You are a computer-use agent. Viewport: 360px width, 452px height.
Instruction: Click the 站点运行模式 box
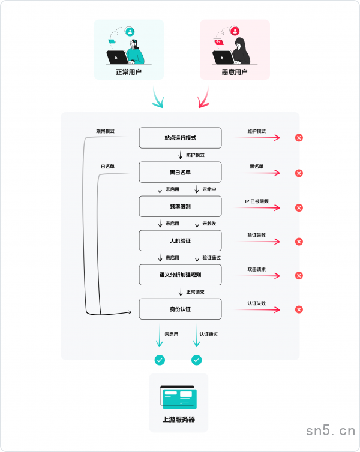(180, 138)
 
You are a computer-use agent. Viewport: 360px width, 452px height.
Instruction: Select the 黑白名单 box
(180, 172)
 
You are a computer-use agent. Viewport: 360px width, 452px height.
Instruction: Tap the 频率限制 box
(180, 206)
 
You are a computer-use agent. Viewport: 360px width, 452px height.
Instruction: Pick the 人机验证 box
(180, 240)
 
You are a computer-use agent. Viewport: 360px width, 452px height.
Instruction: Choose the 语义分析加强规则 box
(180, 275)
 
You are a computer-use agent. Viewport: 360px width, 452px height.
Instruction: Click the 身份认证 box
(180, 309)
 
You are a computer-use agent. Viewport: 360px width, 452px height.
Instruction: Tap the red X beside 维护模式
(299, 138)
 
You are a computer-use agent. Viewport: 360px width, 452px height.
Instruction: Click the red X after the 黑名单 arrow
(299, 173)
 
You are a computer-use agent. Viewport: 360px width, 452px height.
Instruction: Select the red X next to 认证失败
(299, 309)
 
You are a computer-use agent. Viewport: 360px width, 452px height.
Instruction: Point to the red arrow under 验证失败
(257, 242)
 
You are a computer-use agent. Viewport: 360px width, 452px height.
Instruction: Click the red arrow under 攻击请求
(257, 276)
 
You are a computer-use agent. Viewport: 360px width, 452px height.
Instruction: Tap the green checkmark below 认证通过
(196, 360)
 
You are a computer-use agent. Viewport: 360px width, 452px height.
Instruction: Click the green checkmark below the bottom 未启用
(160, 360)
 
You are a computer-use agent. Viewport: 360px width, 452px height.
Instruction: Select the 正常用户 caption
(128, 72)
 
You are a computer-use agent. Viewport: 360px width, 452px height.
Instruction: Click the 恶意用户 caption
(235, 72)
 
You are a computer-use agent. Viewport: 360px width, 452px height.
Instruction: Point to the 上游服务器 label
(179, 420)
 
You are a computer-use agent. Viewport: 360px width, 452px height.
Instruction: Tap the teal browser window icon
(179, 397)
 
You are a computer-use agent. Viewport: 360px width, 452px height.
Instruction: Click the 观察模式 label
(105, 131)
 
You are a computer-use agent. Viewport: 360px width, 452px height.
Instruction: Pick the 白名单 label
(107, 166)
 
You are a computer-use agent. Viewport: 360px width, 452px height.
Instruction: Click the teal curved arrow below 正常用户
(157, 98)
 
